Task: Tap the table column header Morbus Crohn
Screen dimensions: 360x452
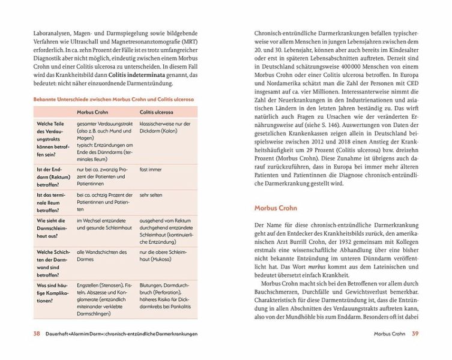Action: (x=92, y=112)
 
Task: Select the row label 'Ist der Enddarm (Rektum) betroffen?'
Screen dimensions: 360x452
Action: (x=52, y=177)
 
